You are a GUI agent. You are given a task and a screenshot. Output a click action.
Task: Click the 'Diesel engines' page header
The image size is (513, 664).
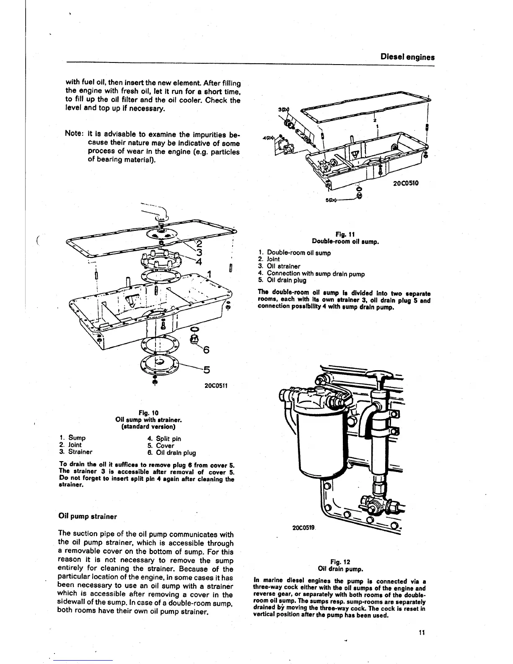(407, 57)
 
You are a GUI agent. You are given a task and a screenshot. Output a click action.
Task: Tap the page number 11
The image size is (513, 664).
(422, 633)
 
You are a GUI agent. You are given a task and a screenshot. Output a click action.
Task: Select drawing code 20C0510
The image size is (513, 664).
(406, 183)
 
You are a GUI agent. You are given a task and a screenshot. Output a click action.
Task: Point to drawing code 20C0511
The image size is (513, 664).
(215, 385)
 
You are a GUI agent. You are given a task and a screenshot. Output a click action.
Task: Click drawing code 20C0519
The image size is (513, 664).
(303, 528)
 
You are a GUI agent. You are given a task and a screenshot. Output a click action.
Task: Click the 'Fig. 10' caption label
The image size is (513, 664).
(148, 412)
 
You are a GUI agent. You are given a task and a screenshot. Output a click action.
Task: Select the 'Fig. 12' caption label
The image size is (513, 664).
(340, 562)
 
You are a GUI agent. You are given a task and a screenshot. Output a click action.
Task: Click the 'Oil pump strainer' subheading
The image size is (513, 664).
(88, 516)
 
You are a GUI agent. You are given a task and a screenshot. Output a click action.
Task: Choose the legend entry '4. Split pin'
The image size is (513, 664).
(164, 439)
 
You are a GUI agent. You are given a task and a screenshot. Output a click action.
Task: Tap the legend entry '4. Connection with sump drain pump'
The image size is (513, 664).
(311, 274)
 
